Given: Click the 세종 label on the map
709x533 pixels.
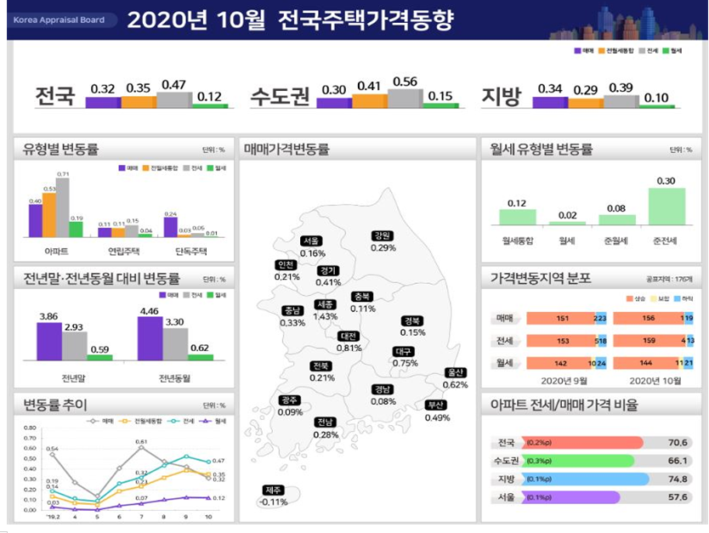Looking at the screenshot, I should pos(324,304).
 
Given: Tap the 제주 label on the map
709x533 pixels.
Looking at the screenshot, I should pos(273,490).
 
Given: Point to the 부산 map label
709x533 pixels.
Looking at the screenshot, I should pos(437,405).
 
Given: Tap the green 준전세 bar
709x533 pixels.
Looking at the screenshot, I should pos(666,206).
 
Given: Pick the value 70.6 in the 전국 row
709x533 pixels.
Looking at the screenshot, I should pos(678,443).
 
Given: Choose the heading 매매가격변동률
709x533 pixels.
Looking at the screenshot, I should pos(286,150).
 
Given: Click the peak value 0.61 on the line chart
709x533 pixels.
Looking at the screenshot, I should pos(141,442).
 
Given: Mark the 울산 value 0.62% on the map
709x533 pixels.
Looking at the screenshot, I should pos(455,385).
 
